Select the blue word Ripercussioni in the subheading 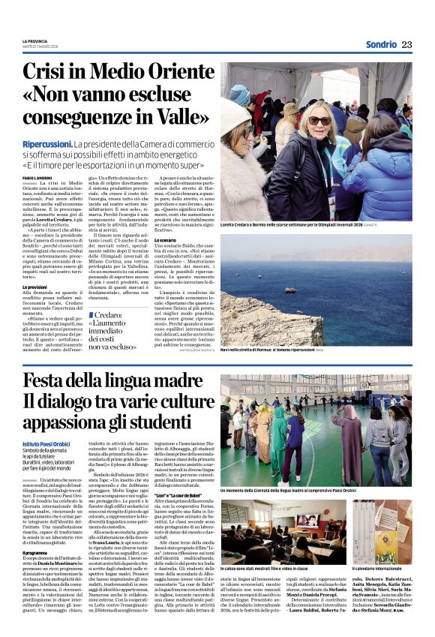coord(45,143)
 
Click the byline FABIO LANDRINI coord(38,177)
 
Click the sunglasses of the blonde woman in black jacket coord(319,121)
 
